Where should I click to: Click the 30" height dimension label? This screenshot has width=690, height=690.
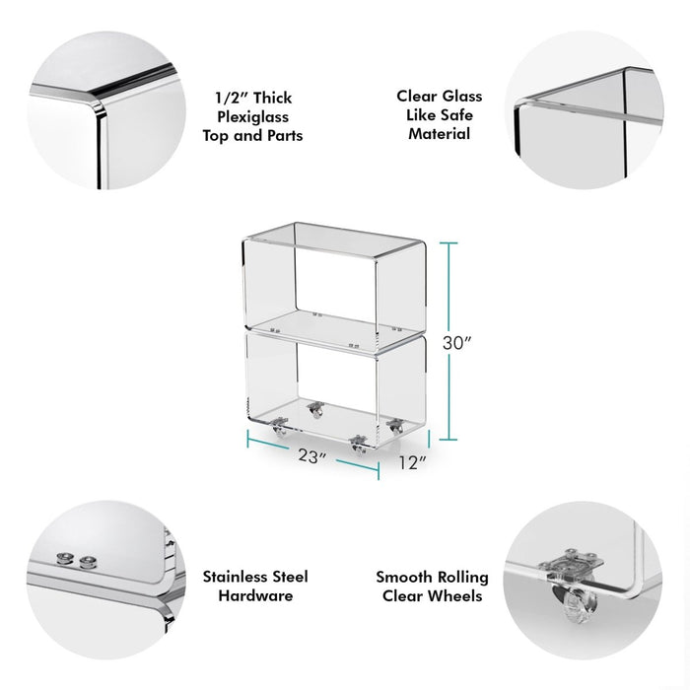pyautogui.click(x=456, y=343)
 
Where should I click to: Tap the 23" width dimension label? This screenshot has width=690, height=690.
pyautogui.click(x=312, y=455)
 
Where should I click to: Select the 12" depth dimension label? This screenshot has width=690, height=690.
pyautogui.click(x=413, y=462)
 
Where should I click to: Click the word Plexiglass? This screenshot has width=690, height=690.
pyautogui.click(x=253, y=117)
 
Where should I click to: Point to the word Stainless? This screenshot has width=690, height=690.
pyautogui.click(x=234, y=577)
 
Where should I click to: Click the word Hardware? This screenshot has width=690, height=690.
pyautogui.click(x=255, y=595)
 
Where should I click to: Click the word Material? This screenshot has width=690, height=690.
pyautogui.click(x=440, y=133)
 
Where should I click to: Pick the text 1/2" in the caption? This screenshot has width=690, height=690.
pyautogui.click(x=230, y=98)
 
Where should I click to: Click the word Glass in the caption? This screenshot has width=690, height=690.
pyautogui.click(x=462, y=96)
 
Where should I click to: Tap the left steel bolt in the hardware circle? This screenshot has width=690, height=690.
pyautogui.click(x=64, y=559)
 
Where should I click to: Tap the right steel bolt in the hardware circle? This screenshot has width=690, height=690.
pyautogui.click(x=88, y=561)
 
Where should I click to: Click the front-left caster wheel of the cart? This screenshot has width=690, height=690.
pyautogui.click(x=279, y=427)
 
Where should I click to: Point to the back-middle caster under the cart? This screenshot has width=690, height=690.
pyautogui.click(x=315, y=410)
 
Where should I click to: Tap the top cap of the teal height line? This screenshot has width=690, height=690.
pyautogui.click(x=448, y=242)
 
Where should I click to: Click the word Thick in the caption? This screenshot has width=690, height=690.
pyautogui.click(x=273, y=98)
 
